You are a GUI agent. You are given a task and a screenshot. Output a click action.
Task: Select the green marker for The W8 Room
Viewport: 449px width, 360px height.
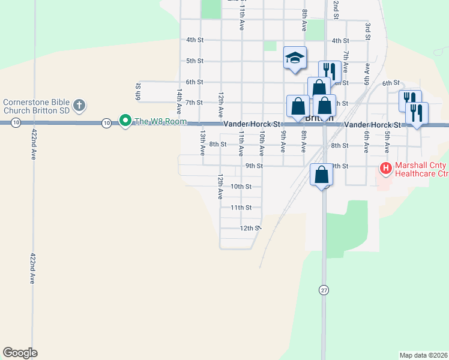coord(125,121)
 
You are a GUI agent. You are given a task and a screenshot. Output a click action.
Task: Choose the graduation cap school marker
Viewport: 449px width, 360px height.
coord(295,58)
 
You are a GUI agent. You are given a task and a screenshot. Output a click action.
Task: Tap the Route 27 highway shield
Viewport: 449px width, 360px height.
coord(324,290)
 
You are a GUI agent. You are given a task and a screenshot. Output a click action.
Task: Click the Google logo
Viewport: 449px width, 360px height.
coord(20,353)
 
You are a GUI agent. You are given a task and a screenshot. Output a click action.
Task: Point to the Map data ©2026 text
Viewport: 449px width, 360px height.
coord(423,355)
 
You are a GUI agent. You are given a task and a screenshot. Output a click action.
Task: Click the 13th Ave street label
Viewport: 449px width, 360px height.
coord(203,140)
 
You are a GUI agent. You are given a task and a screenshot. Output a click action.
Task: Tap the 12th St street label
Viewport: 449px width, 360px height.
coord(249,229)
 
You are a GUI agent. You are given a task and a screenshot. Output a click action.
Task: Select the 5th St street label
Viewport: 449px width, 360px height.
coord(194,61)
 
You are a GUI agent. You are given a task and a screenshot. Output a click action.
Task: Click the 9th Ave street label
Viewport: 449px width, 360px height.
coord(283,143)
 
